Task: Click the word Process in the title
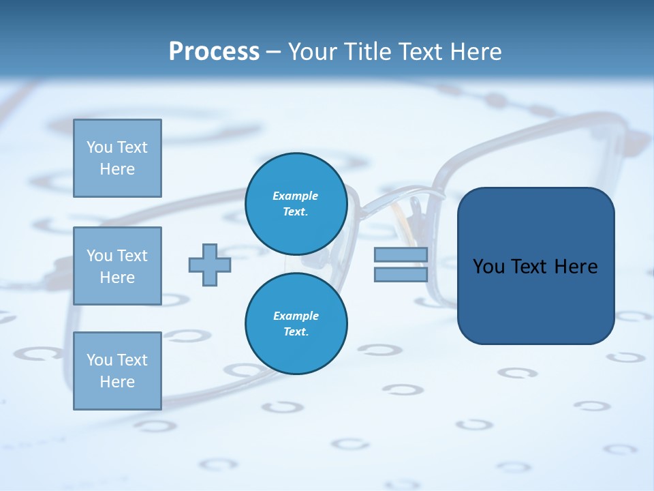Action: tap(214, 52)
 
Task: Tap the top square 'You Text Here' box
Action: tap(117, 158)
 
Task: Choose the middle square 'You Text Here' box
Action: tap(117, 266)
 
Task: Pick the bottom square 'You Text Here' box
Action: tap(117, 371)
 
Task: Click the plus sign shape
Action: tap(210, 265)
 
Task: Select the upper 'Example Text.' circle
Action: tap(296, 203)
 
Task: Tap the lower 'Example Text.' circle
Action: tap(296, 323)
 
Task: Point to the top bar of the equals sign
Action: tap(401, 255)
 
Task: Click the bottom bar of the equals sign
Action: tap(401, 274)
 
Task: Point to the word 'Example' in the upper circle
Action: tap(296, 196)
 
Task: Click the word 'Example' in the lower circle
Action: tap(296, 316)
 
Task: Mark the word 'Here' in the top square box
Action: tap(117, 169)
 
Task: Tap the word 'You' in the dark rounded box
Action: tap(488, 267)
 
